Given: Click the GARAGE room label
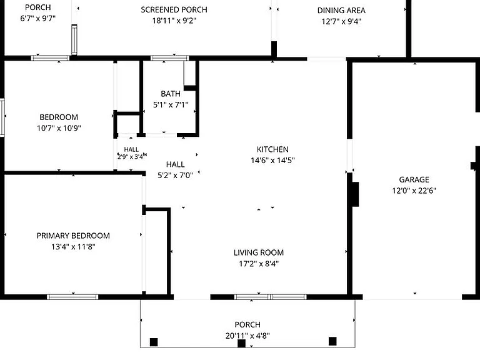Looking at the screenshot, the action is (x=414, y=179).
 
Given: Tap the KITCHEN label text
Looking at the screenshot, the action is (x=272, y=149).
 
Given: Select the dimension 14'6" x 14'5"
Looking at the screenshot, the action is (x=272, y=160).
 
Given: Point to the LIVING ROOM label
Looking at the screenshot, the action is (x=259, y=252).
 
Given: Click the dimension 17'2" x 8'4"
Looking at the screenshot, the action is (x=259, y=264).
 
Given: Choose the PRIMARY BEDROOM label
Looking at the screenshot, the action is (x=73, y=236).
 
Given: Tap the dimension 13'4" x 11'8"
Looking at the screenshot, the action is (x=73, y=246).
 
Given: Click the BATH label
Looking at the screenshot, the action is (x=171, y=94).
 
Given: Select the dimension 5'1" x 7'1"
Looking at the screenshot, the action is (x=171, y=105).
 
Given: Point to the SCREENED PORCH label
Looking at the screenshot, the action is (x=174, y=10).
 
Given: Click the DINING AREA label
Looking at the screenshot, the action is (x=341, y=11).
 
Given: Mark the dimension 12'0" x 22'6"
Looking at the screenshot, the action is (x=414, y=191).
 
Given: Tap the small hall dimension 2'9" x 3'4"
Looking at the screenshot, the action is (x=131, y=157).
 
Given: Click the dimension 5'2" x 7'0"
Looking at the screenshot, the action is (x=175, y=176).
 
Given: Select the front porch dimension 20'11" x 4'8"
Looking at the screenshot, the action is (x=247, y=336).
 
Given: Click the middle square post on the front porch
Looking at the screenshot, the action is (x=241, y=344).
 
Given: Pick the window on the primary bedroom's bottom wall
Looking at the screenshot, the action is (x=72, y=297).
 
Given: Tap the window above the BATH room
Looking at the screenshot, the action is (x=169, y=58).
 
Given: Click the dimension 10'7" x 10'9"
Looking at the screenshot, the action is (x=59, y=128).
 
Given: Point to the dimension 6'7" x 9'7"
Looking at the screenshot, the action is (x=37, y=18).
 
